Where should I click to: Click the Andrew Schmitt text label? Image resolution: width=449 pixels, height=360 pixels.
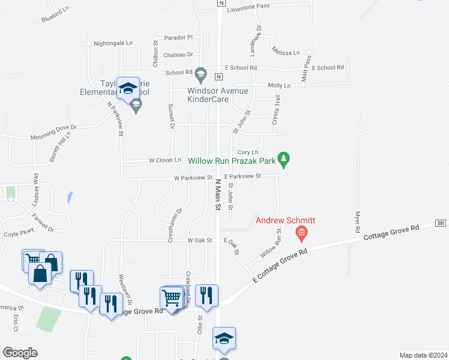(x=286, y=221)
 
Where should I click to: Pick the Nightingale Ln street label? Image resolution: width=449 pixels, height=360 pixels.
(x=113, y=43)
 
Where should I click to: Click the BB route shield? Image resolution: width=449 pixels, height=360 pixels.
(x=441, y=223)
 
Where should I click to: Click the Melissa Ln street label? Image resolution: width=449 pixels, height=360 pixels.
(x=285, y=52)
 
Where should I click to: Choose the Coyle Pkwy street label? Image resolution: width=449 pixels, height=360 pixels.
(x=17, y=235)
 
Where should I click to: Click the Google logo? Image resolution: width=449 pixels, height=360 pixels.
(x=20, y=352)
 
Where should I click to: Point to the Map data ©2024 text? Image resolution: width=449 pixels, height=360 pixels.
(x=423, y=355)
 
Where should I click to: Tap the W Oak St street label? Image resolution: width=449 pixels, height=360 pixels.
(x=200, y=240)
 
